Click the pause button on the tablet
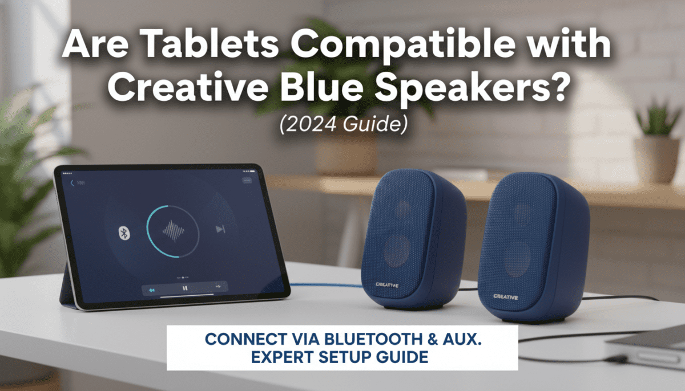pyautogui.click(x=184, y=289)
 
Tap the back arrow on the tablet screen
pyautogui.click(x=72, y=183)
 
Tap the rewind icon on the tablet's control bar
pyautogui.click(x=152, y=290)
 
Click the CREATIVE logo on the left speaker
pyautogui.click(x=388, y=284)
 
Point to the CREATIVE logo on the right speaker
pyautogui.click(x=506, y=296)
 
